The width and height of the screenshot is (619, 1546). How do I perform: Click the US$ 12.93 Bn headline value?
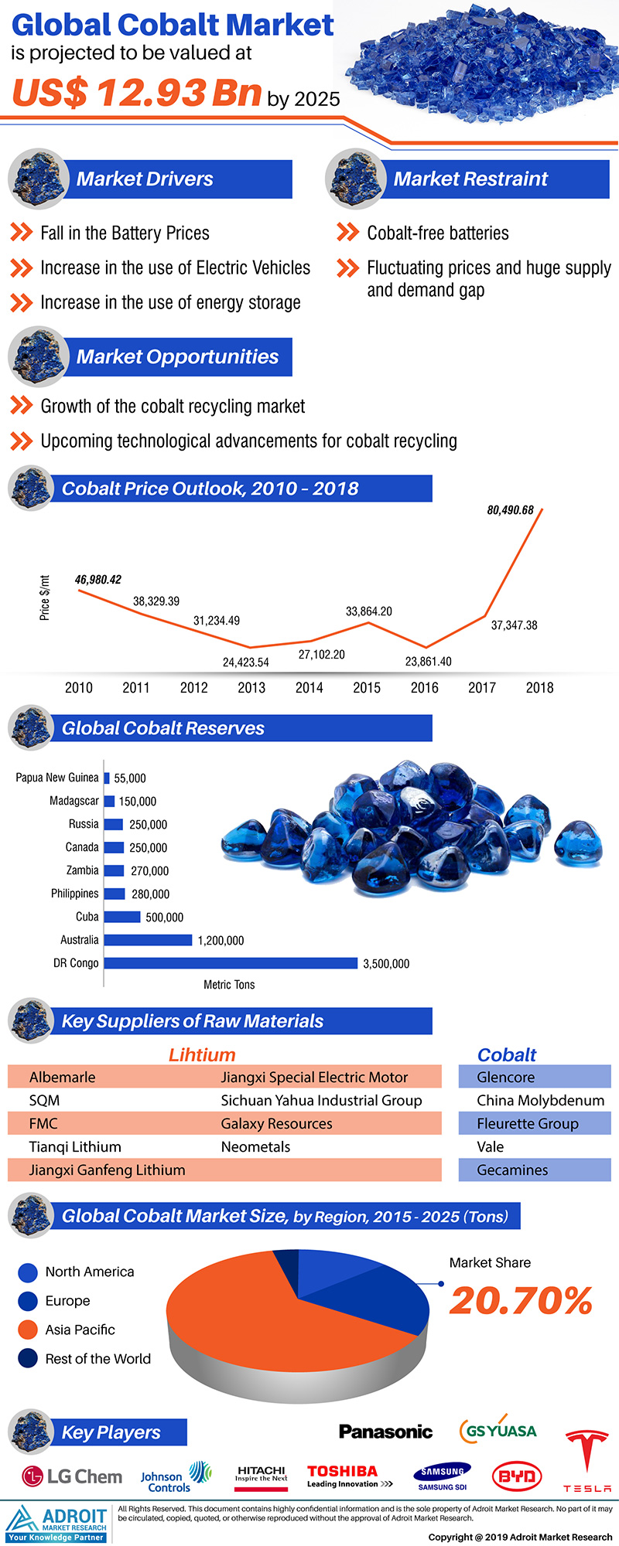coord(137,94)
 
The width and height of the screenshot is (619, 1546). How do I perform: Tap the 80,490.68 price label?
coord(510,510)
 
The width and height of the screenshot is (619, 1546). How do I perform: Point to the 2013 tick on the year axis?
coord(251,687)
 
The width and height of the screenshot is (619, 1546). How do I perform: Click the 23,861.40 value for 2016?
coord(428,661)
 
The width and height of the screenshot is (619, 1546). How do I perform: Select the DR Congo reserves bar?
coord(231,963)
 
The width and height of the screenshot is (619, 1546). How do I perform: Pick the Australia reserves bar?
coord(148,940)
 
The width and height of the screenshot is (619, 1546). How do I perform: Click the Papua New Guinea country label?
coord(57,778)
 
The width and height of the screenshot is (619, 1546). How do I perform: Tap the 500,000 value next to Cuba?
coord(164,918)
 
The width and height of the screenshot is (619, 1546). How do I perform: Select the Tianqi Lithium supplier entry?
coord(75,1146)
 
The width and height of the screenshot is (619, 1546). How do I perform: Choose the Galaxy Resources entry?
coord(276,1123)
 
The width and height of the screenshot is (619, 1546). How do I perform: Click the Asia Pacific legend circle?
coord(28,1330)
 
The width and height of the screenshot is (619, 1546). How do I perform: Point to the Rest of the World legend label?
coord(97,1358)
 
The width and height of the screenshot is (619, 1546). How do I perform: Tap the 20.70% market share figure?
coord(521,1300)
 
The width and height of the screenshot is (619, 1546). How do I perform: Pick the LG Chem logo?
coord(72,1476)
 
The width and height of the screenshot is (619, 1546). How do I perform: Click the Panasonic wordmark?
coord(385,1432)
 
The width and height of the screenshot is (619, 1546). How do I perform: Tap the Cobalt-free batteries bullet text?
coord(438,233)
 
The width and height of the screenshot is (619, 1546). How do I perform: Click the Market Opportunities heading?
coord(177,357)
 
